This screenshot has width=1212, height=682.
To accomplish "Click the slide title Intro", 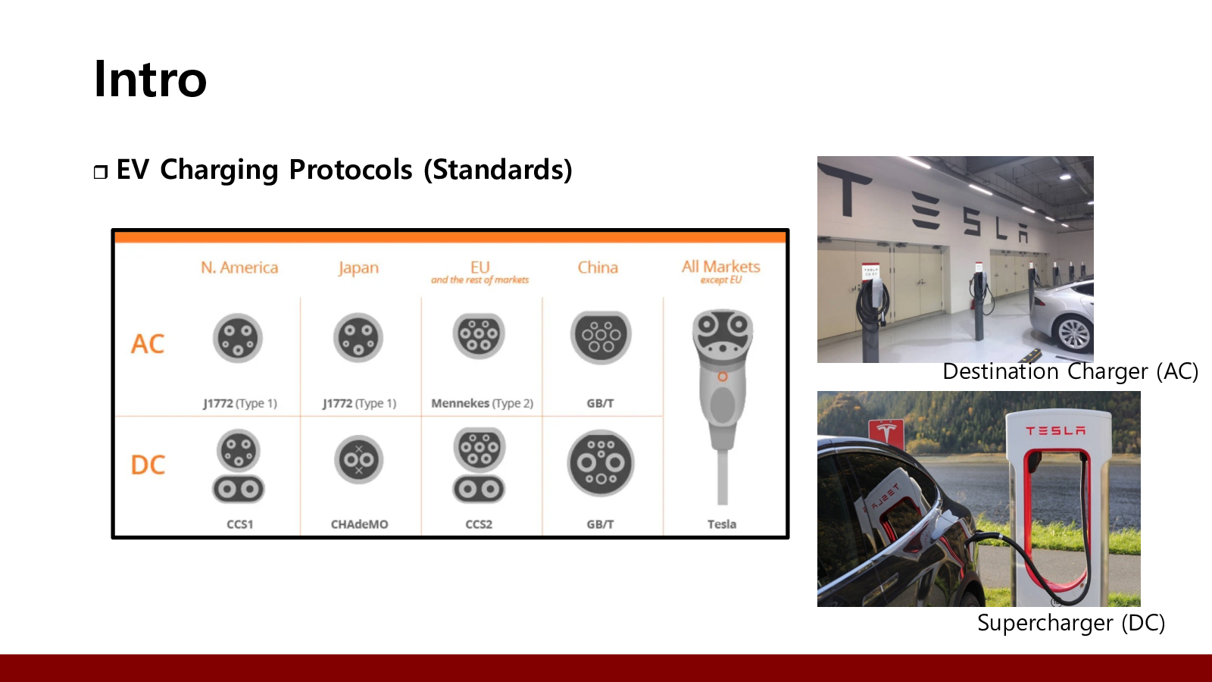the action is (x=150, y=80).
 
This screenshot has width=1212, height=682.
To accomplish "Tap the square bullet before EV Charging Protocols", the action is (x=101, y=172).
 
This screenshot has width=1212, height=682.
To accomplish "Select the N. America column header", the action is (x=239, y=267).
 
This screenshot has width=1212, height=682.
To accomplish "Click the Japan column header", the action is (x=358, y=268).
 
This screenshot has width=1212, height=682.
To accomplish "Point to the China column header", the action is (x=598, y=267).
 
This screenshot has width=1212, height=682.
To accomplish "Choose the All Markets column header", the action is (x=720, y=266).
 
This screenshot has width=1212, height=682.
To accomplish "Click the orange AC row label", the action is (x=147, y=344).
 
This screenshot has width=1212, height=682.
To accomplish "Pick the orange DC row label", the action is (x=148, y=465).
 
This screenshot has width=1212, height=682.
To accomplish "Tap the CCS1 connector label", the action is (x=239, y=524).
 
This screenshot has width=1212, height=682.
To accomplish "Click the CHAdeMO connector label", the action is (x=359, y=524).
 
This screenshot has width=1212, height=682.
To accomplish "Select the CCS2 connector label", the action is (x=479, y=524).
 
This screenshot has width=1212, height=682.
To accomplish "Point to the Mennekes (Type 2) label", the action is (x=482, y=403).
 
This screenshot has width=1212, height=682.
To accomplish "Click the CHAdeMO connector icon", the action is (x=358, y=459).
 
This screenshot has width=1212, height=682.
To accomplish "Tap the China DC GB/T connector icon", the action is (x=601, y=463).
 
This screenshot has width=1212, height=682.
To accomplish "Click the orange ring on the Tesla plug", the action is (x=723, y=377).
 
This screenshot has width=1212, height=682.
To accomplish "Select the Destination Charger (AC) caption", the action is (x=1070, y=372).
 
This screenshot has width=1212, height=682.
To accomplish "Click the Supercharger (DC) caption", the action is (x=1071, y=623).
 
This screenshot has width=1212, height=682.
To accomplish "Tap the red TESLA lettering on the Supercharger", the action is (x=1056, y=431).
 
